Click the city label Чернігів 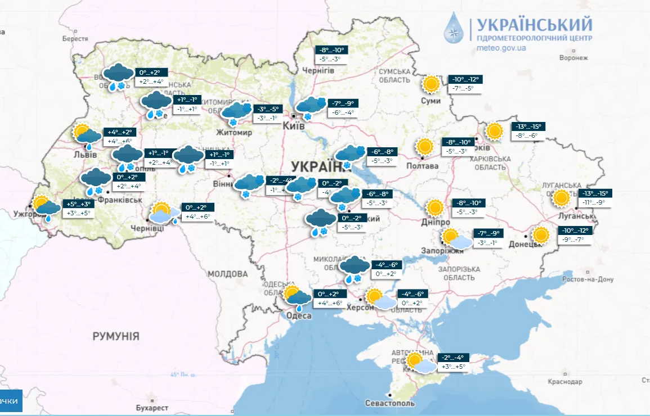319,70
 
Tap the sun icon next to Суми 432,84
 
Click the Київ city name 296,126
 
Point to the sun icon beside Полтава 424,147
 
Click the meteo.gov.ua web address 501,48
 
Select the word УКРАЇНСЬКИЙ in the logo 534,25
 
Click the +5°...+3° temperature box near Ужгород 78,204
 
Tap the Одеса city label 299,316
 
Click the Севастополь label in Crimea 389,403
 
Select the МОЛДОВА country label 228,274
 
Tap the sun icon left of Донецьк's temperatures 541,235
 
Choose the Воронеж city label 573,58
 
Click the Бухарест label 152,407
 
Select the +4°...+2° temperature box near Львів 118,132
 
